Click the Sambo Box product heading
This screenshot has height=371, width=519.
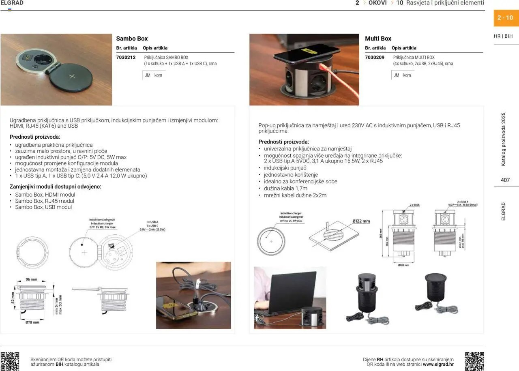(x=132, y=39)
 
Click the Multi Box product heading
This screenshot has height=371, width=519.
(x=378, y=39)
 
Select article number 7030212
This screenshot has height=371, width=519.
(x=126, y=58)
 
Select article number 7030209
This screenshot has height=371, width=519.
(x=375, y=58)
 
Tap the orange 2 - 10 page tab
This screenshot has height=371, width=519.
(x=505, y=18)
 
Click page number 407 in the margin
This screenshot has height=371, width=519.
(x=505, y=180)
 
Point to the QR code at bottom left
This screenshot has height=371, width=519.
(x=10, y=361)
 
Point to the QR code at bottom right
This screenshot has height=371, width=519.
(x=474, y=361)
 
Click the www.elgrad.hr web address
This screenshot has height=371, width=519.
(x=438, y=365)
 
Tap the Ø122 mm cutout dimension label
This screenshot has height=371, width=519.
(x=361, y=221)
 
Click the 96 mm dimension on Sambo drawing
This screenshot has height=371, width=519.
(x=31, y=280)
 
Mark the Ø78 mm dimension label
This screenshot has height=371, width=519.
(x=32, y=322)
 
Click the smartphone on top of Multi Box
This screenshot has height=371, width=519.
(x=307, y=52)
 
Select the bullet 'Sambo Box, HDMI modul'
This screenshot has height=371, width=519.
(x=45, y=195)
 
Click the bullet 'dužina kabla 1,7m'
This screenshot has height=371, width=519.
(x=285, y=189)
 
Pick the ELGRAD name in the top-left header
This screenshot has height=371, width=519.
(x=12, y=3)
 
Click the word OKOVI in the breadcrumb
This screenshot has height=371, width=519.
(x=377, y=3)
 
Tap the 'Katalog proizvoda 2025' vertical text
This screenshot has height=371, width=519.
(x=504, y=139)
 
